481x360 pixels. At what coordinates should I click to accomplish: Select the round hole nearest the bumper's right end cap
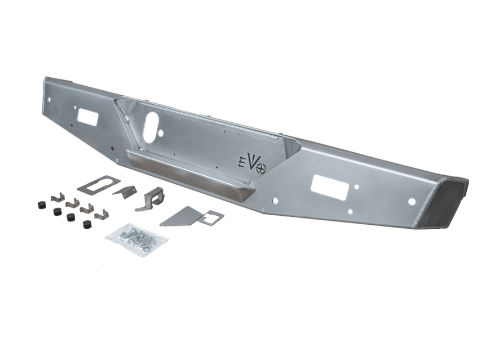412,201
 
